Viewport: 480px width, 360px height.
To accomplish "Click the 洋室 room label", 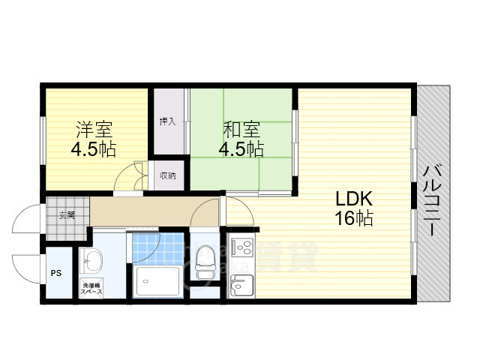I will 94,128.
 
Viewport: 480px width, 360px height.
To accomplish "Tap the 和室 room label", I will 241,128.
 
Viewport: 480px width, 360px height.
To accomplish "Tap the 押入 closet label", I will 167,121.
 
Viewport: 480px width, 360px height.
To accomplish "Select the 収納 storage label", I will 167,176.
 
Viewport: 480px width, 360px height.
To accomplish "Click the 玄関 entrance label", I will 67,214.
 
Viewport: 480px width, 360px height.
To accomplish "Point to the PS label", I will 55,274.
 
